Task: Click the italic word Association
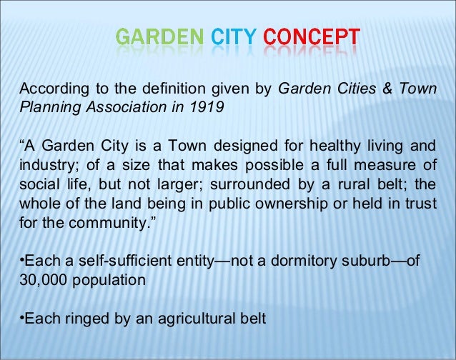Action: [x=117, y=109]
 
